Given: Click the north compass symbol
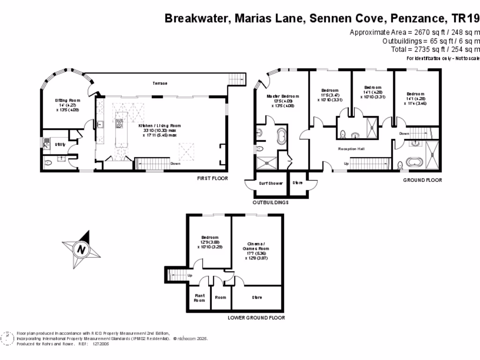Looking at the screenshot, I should [x=81, y=249].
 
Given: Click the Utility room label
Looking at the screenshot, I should [x=60, y=144].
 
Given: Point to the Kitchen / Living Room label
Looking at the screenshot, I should [x=159, y=126].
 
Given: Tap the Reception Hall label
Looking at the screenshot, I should [x=352, y=149].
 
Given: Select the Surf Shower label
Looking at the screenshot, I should [x=271, y=183].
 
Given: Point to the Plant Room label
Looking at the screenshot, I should [x=199, y=298].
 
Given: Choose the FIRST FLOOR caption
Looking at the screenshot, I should [x=212, y=179].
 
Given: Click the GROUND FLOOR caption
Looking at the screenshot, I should [x=422, y=180].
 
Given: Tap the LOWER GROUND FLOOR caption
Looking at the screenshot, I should [x=256, y=317].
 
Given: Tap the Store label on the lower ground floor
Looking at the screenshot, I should [x=257, y=298].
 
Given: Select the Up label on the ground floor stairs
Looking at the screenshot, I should [x=346, y=164].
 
